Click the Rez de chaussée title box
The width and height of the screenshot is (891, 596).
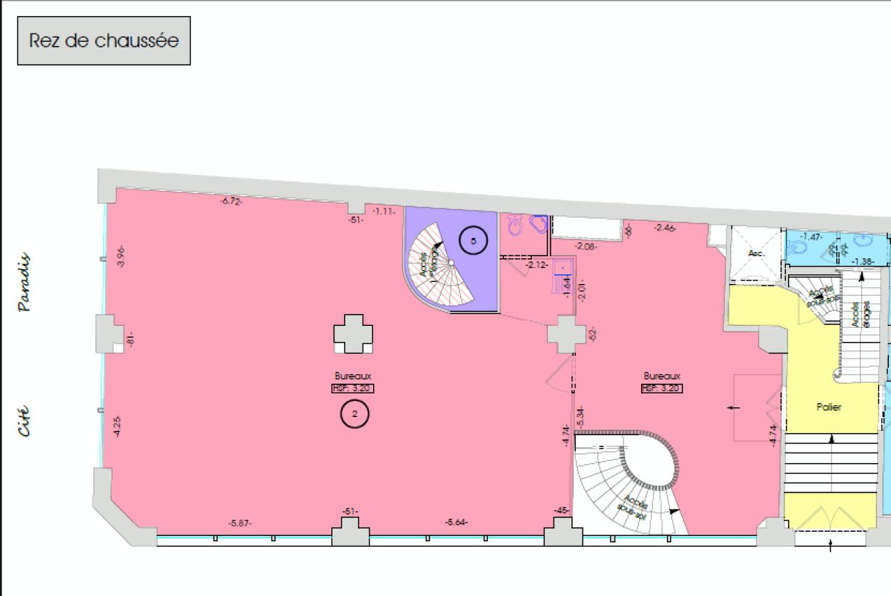[x=104, y=40]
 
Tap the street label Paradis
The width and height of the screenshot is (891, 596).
[x=24, y=282]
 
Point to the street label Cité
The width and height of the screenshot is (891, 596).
[x=24, y=421]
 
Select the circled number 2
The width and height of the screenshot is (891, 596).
[x=354, y=414]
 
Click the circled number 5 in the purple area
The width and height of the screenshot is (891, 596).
[x=473, y=241]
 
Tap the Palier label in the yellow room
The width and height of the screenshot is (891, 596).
[x=828, y=407]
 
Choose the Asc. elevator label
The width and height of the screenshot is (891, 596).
[x=756, y=253]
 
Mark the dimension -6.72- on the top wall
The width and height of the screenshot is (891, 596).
[x=231, y=201]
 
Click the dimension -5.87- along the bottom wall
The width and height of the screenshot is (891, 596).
[x=240, y=523]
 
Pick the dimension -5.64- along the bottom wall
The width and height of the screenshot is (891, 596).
[x=457, y=522]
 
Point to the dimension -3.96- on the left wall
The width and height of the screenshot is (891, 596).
[x=120, y=257]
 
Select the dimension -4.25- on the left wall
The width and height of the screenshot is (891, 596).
[x=117, y=426]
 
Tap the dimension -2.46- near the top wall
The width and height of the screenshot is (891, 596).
[x=665, y=228]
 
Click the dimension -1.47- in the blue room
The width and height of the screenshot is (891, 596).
[x=811, y=237]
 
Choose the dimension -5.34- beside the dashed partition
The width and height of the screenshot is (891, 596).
[x=580, y=416]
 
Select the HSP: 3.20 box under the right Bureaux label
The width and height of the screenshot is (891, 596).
[x=662, y=389]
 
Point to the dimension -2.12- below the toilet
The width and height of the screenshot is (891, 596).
[x=537, y=265]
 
